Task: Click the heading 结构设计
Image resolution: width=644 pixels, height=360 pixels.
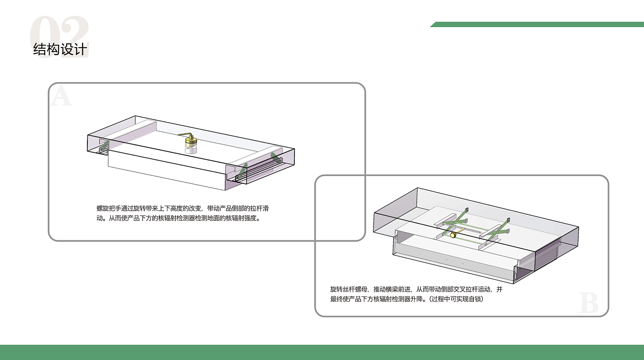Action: point(60,49)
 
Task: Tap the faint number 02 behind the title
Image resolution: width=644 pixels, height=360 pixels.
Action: point(59,36)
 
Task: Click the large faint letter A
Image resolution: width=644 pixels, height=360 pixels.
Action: point(61,95)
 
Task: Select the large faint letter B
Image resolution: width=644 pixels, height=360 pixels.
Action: point(588,303)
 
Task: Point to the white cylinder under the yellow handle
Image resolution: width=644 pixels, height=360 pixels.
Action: point(191,150)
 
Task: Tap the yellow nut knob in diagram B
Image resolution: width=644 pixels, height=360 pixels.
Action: point(453,235)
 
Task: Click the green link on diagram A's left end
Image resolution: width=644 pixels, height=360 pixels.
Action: point(105,147)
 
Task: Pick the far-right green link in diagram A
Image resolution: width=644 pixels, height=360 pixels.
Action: point(276,158)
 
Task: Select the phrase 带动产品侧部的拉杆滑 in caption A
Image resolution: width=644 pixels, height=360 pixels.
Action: point(238,208)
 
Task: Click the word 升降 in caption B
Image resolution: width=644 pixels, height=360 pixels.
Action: point(417,299)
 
